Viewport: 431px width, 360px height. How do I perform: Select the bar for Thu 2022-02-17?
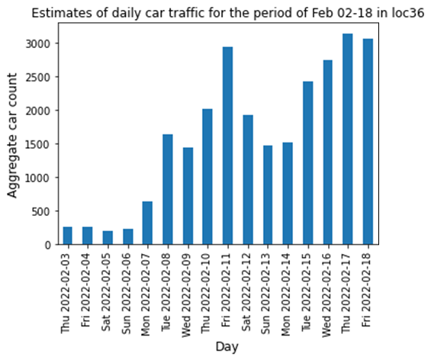tap(348, 140)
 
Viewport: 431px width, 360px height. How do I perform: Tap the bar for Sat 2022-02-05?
tap(107, 238)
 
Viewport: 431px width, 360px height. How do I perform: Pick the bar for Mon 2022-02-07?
tap(147, 223)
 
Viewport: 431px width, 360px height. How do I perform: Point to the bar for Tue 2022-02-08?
tap(167, 190)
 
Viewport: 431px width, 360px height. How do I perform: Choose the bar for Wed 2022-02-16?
tap(328, 153)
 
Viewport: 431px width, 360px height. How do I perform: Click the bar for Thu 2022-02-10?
tap(207, 177)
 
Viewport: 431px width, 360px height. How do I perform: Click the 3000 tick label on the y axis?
tap(41, 43)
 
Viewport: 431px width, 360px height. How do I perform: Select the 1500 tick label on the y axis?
tap(41, 144)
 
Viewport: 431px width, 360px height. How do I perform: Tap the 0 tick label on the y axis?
tap(51, 245)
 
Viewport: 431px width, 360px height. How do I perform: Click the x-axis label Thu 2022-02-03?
tap(67, 291)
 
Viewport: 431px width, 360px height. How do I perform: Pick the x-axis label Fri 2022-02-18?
tap(368, 291)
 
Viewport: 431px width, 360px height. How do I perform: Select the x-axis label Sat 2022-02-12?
tap(248, 291)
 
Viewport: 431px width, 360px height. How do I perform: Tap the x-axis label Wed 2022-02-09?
tap(188, 291)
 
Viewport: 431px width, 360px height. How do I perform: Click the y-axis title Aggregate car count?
tap(14, 145)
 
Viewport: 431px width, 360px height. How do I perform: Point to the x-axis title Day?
tap(227, 347)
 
